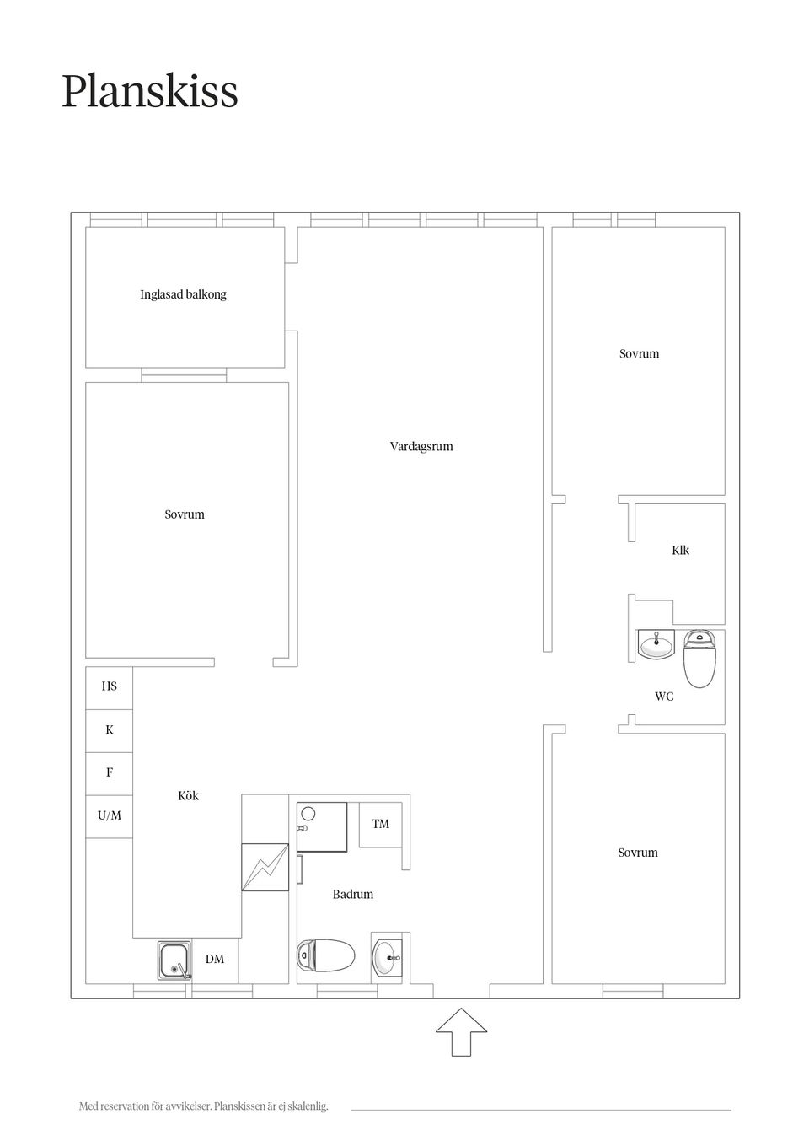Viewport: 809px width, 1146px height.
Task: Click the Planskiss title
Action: [150, 92]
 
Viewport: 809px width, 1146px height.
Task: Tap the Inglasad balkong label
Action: [183, 294]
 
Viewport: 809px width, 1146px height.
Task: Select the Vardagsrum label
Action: [421, 447]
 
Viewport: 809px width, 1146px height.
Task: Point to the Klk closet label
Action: [680, 551]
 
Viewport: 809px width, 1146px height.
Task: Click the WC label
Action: [664, 697]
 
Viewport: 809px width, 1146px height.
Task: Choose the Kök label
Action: [188, 795]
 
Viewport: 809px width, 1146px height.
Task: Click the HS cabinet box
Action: [109, 687]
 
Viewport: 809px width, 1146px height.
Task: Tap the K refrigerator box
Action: [109, 730]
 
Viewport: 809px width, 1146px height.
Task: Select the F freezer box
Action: [109, 773]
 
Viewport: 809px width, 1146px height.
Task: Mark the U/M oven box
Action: [109, 816]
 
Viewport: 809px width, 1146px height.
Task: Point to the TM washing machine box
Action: [380, 825]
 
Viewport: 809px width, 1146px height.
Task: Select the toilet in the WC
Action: [699, 659]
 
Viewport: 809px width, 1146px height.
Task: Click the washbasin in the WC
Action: [656, 645]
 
